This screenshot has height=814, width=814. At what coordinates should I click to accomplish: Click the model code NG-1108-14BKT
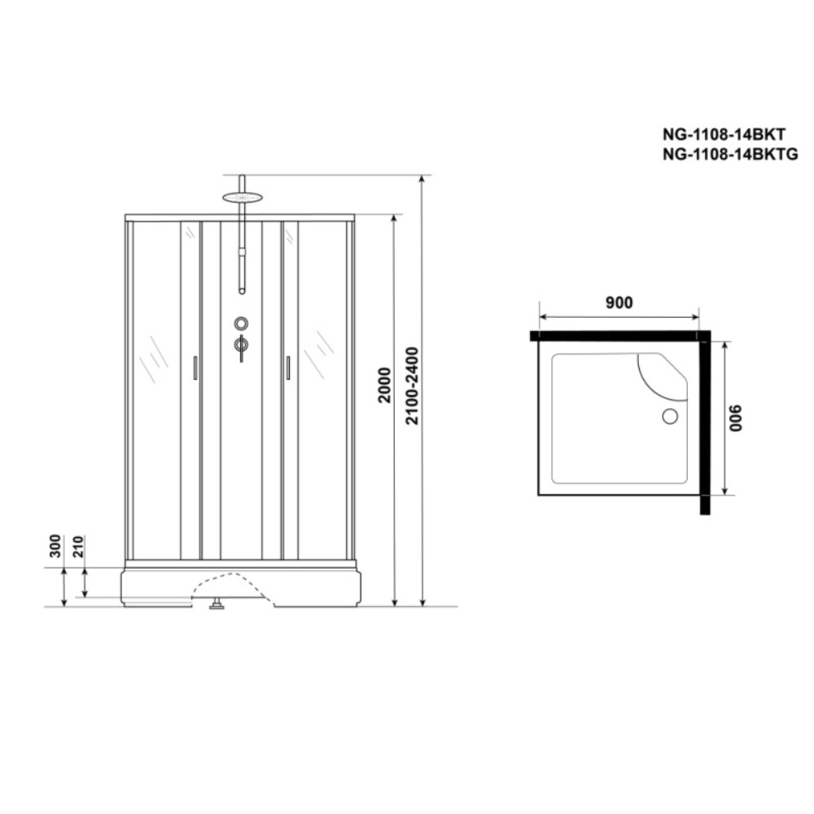[x=724, y=134]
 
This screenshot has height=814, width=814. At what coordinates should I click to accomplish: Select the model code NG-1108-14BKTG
[x=730, y=154]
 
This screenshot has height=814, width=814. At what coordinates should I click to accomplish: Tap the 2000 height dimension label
[x=384, y=385]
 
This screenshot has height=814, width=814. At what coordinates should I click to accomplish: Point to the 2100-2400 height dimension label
[x=412, y=386]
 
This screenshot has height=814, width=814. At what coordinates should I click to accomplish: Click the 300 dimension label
[x=55, y=546]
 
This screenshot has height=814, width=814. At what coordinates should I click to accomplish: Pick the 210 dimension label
[x=78, y=546]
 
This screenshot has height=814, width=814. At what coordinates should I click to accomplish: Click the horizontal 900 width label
[x=619, y=302]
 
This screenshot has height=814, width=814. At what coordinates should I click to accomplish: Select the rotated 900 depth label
[x=736, y=418]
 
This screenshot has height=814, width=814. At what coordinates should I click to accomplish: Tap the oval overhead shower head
[x=242, y=197]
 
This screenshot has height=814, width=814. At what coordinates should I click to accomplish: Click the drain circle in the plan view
[x=670, y=416]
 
